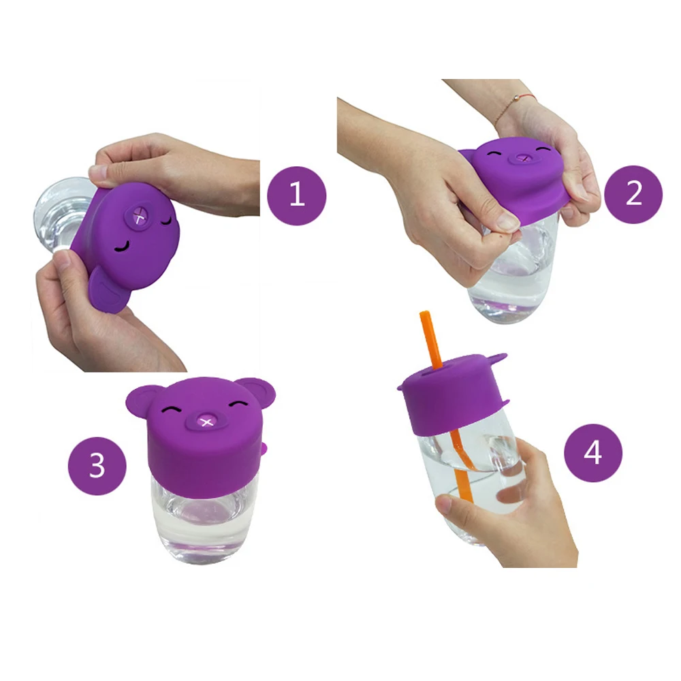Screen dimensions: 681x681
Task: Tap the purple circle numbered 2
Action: pyautogui.click(x=633, y=194)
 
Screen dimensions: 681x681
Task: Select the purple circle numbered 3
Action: pyautogui.click(x=97, y=466)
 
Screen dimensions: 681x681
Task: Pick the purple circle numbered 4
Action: pyautogui.click(x=592, y=453)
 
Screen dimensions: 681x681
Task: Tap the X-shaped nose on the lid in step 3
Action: pyautogui.click(x=205, y=424)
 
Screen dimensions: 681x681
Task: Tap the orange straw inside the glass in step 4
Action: pyautogui.click(x=463, y=477)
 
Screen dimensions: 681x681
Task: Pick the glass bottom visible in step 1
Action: pyautogui.click(x=58, y=211)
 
